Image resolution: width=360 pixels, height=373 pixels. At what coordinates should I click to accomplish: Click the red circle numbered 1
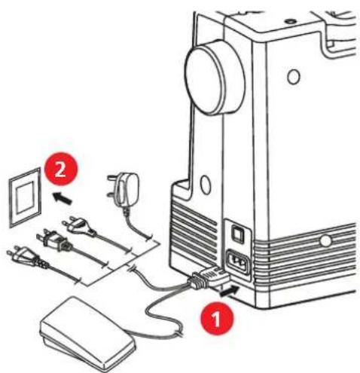pyautogui.click(x=217, y=319)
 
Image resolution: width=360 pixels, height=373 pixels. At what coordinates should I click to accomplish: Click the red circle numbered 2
pyautogui.click(x=61, y=169)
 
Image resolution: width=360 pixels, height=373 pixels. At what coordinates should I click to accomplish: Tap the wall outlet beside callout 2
pyautogui.click(x=25, y=197)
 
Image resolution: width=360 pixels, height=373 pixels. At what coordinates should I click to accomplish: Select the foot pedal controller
pyautogui.click(x=87, y=334)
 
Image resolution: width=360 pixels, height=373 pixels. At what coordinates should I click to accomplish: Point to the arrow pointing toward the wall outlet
pyautogui.click(x=63, y=197)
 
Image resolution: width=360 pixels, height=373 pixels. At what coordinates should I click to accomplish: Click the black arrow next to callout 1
pyautogui.click(x=228, y=291)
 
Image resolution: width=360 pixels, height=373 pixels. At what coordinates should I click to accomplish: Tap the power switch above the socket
pyautogui.click(x=237, y=233)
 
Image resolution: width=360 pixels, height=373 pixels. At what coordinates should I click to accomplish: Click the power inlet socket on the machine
pyautogui.click(x=238, y=262)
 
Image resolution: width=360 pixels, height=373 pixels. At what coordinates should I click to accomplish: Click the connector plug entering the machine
pyautogui.click(x=209, y=278)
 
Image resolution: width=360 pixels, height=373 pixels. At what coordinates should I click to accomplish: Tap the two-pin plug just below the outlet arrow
pyautogui.click(x=79, y=226)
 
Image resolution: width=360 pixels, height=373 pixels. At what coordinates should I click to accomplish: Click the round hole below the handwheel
pyautogui.click(x=206, y=185)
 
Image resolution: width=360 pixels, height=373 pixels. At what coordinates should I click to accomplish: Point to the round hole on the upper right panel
pyautogui.click(x=294, y=77)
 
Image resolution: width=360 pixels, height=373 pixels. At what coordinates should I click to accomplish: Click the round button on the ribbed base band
pyautogui.click(x=325, y=240)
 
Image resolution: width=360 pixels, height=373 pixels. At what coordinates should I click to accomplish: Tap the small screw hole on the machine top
pyautogui.click(x=291, y=22)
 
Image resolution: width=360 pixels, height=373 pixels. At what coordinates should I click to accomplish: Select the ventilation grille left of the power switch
pyautogui.click(x=194, y=232)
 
